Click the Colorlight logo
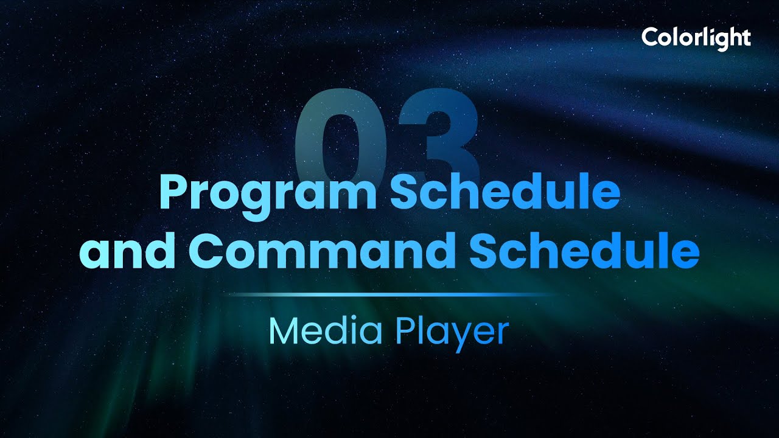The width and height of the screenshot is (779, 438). point(696,38)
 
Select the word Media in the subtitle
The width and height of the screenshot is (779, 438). point(326,332)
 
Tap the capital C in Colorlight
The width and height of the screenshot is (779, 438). point(650,38)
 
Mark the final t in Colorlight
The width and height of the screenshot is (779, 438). point(746,38)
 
